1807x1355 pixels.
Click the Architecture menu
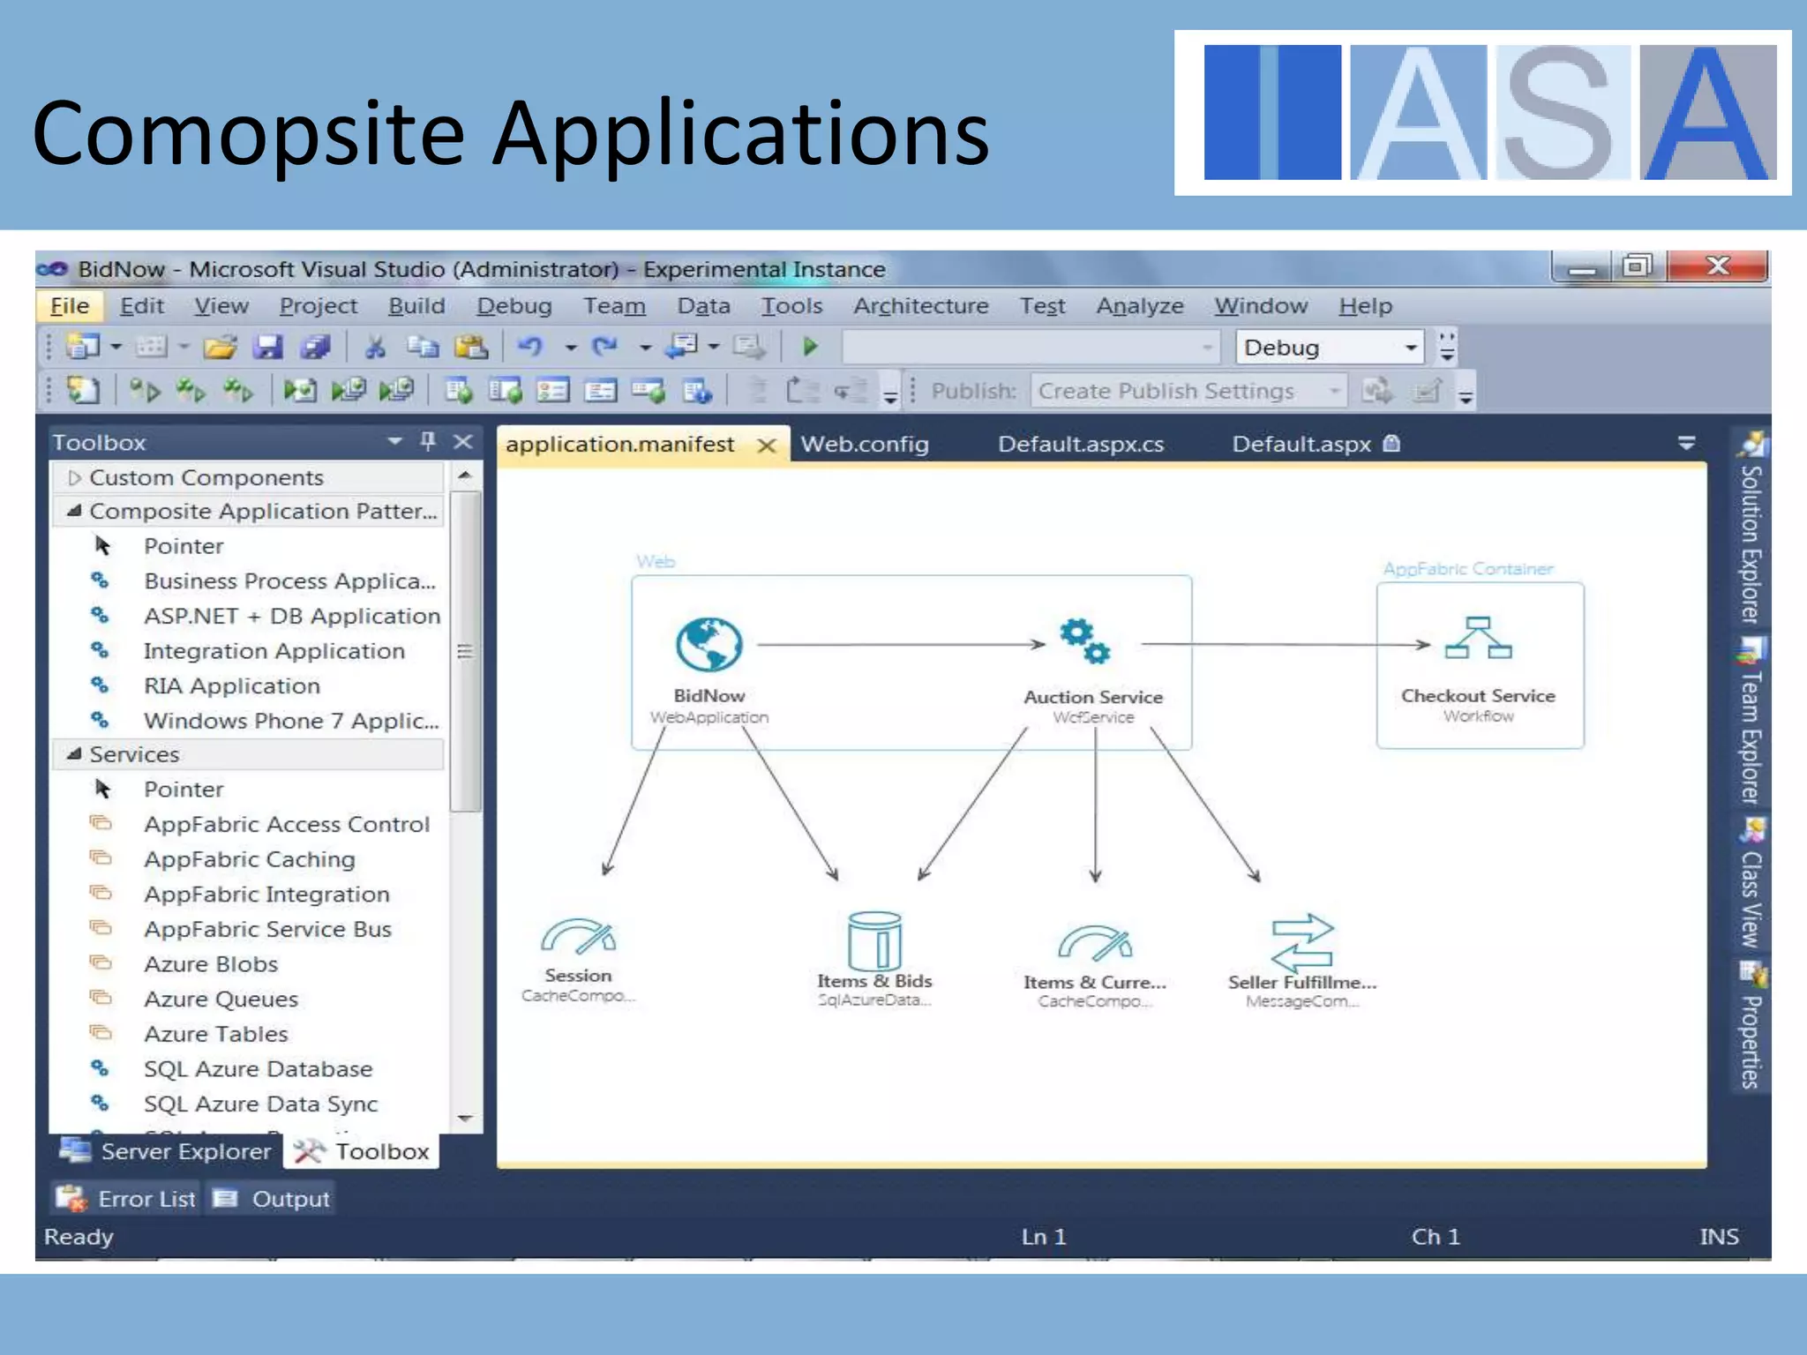920,306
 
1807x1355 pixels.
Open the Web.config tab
864,444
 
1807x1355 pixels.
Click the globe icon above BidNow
709,644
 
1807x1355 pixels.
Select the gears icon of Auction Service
1084,641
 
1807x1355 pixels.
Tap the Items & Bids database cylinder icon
874,940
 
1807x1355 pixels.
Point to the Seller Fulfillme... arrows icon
1302,942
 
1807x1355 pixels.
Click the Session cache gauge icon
578,938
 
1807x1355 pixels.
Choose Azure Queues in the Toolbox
221,999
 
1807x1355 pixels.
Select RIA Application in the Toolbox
231,686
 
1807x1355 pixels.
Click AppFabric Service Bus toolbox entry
267,930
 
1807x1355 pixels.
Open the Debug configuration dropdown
1410,348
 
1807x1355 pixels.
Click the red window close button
1717,266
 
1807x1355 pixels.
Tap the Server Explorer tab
166,1152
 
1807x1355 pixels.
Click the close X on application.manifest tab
767,445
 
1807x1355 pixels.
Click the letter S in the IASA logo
1558,113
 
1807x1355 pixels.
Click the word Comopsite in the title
248,134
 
